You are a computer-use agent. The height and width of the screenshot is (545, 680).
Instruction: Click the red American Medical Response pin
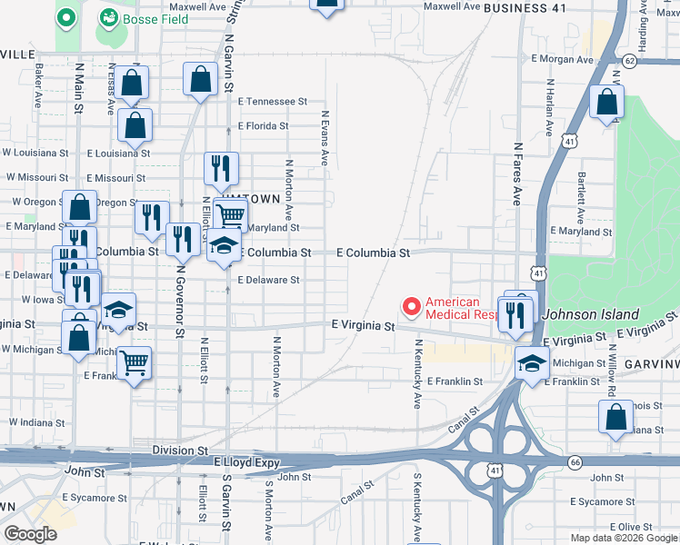pyautogui.click(x=411, y=308)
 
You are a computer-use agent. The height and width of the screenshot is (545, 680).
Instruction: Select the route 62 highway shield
pyautogui.click(x=630, y=60)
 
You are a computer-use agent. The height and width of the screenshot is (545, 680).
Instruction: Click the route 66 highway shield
pyautogui.click(x=575, y=462)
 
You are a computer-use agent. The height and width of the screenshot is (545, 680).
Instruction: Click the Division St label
pyautogui.click(x=180, y=451)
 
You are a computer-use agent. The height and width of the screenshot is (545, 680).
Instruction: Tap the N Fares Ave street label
pyautogui.click(x=516, y=173)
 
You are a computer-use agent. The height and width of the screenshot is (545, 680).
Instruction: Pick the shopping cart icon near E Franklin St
pyautogui.click(x=135, y=362)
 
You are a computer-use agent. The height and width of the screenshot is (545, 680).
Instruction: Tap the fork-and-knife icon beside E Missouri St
pyautogui.click(x=221, y=168)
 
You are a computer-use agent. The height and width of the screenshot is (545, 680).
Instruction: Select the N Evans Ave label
pyautogui.click(x=324, y=138)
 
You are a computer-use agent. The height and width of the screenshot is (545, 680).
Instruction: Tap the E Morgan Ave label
pyautogui.click(x=562, y=59)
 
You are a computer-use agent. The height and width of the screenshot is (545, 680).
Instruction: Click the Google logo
pyautogui.click(x=30, y=534)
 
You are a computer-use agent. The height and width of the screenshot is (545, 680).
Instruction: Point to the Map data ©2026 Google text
pyautogui.click(x=622, y=538)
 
